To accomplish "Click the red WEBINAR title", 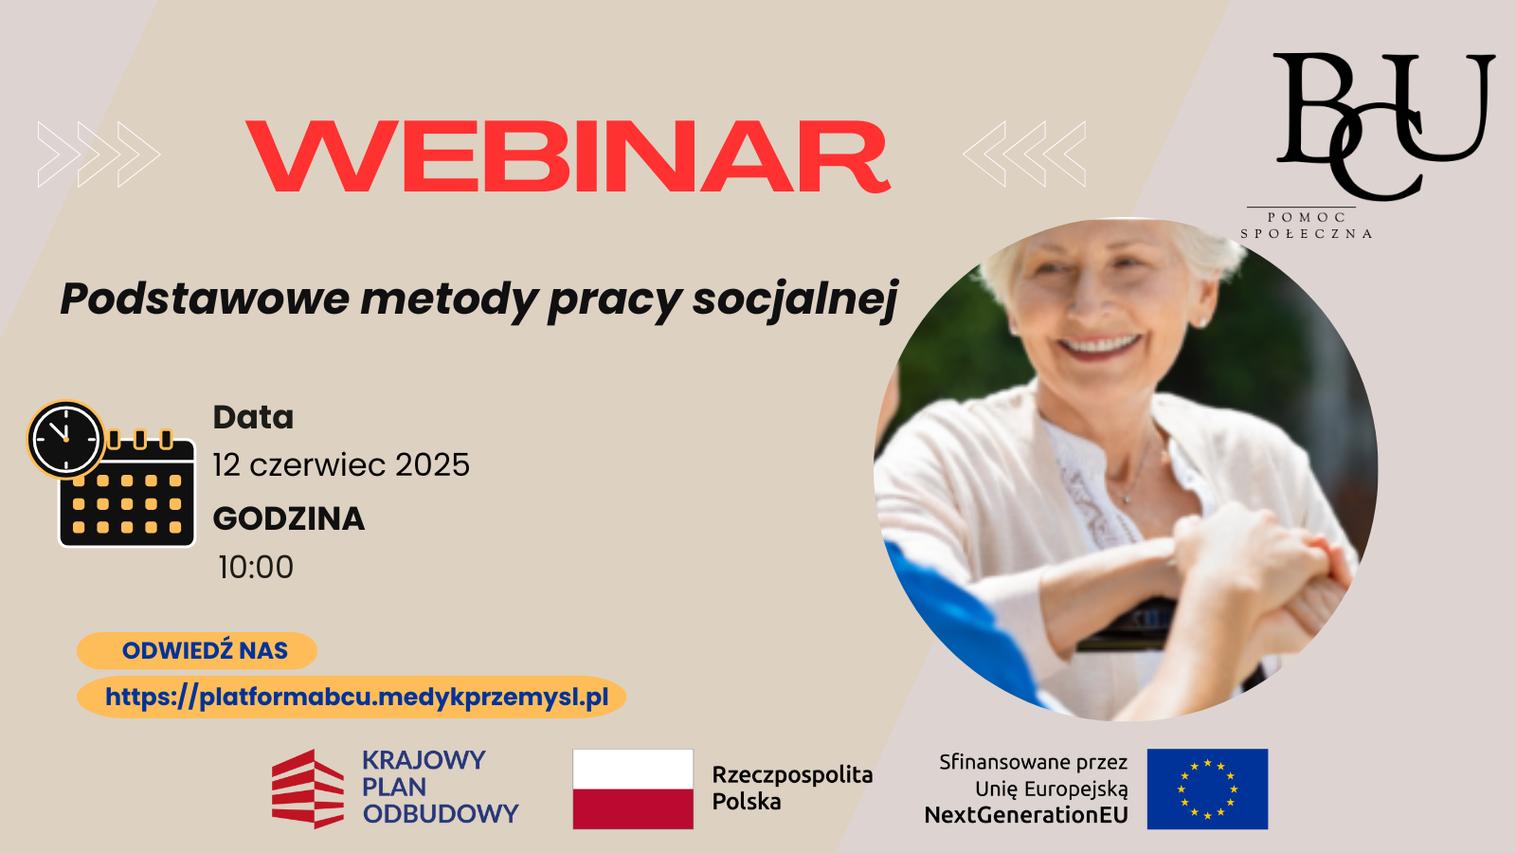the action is (x=568, y=156).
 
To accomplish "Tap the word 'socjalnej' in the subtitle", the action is (x=795, y=299).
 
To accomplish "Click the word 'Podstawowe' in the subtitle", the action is (x=205, y=298).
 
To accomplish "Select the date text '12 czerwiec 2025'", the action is (x=341, y=465).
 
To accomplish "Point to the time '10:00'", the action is (x=256, y=568).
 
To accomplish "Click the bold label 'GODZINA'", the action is (x=289, y=519).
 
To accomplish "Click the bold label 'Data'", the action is (x=254, y=417).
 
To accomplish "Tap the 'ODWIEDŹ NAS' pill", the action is (x=197, y=650).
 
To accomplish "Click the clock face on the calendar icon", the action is (x=65, y=440).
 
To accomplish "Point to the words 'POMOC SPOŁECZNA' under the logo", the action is (x=1307, y=226).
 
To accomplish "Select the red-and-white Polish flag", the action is (x=633, y=789).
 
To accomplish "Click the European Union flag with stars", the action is (x=1207, y=789).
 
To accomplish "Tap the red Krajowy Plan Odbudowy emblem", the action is (x=308, y=789).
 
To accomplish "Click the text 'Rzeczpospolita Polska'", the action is (x=792, y=788).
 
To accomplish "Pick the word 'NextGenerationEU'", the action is (x=1026, y=815).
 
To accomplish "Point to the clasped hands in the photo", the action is (x=1266, y=575).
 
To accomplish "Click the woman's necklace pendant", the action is (x=1125, y=499).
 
